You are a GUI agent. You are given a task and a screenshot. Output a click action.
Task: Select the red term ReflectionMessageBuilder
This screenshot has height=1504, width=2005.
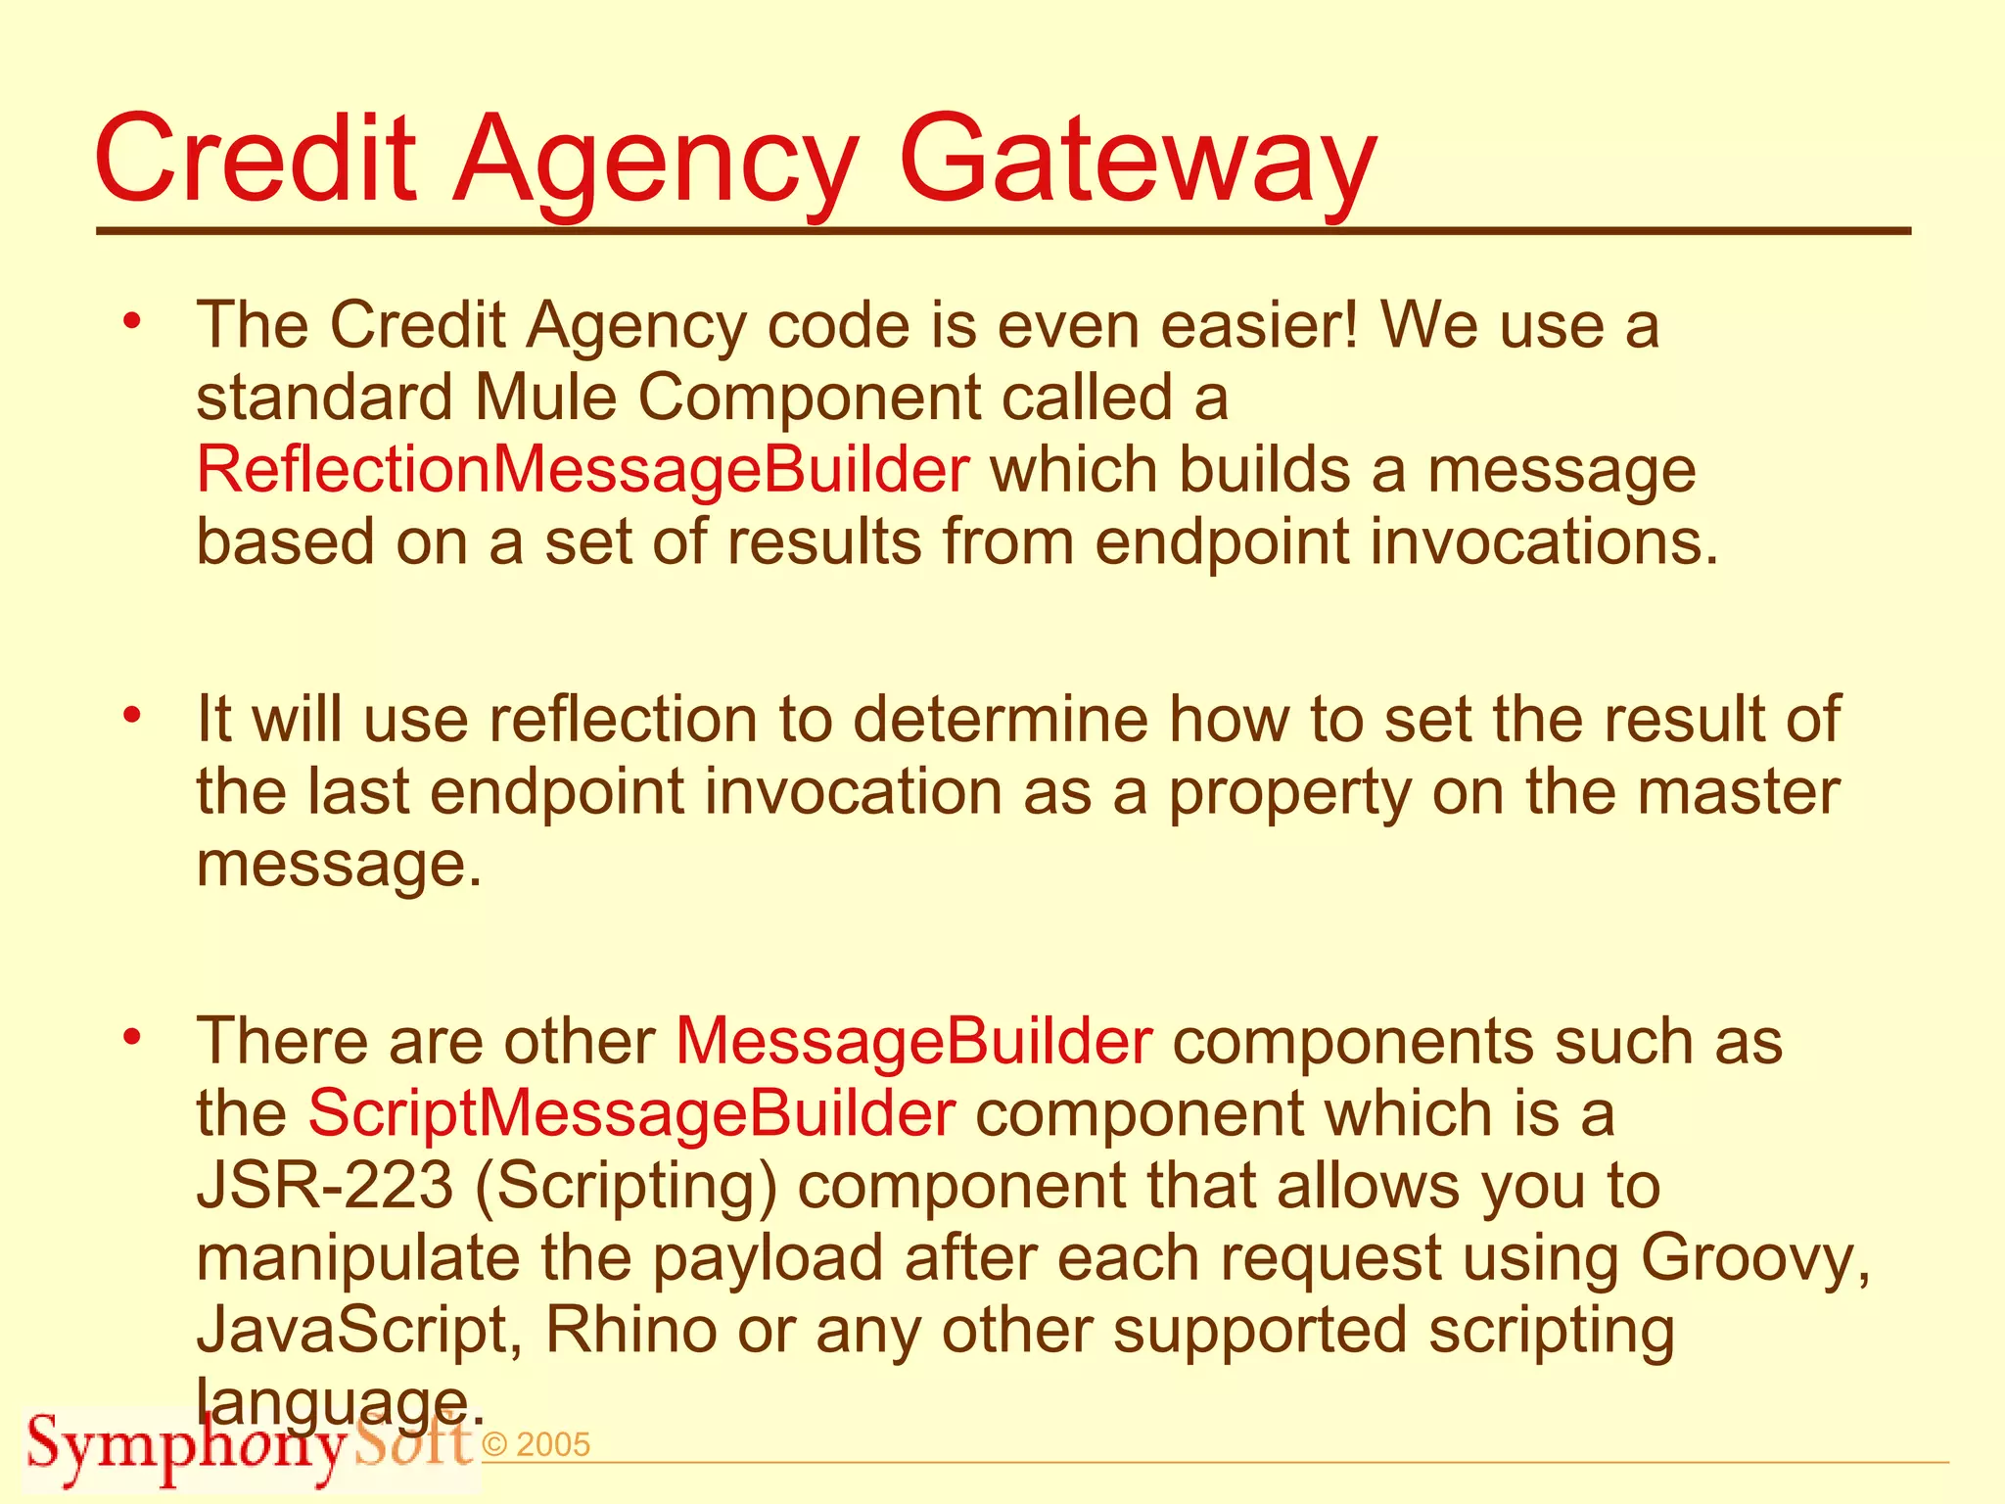click(x=583, y=470)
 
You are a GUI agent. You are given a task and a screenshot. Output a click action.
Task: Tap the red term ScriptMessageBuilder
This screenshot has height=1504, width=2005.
click(x=631, y=1113)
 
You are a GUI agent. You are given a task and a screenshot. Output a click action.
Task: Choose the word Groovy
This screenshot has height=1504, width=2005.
click(x=1755, y=1258)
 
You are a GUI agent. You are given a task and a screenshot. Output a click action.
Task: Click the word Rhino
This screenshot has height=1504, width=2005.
click(x=631, y=1331)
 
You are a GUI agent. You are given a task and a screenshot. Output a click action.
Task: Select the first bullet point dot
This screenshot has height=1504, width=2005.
click(x=133, y=320)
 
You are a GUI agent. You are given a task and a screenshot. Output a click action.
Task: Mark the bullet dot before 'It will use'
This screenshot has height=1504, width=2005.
click(x=133, y=714)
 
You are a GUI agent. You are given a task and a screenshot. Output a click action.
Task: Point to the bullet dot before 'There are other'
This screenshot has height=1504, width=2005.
click(x=133, y=1036)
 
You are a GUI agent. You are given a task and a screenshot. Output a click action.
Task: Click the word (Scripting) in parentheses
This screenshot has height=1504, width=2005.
click(x=627, y=1188)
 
